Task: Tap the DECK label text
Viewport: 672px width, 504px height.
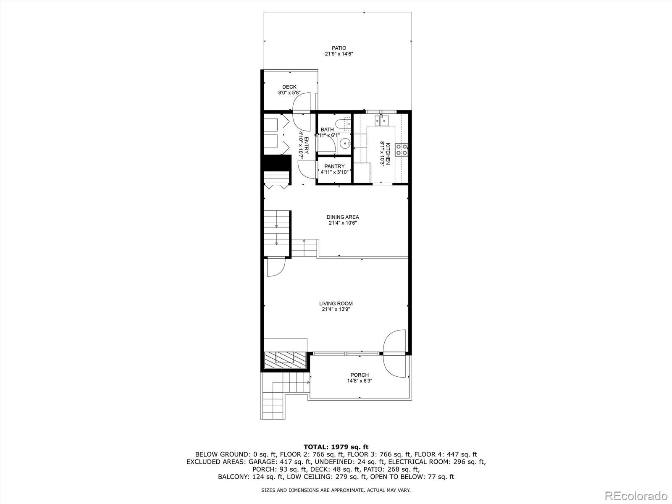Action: [x=289, y=87]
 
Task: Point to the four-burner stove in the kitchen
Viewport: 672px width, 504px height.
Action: [x=401, y=150]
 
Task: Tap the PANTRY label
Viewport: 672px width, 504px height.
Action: [x=334, y=166]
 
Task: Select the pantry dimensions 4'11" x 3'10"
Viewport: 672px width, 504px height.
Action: [x=334, y=172]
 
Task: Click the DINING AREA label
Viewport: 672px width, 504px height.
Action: [x=343, y=217]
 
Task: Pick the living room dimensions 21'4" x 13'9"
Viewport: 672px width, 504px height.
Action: [x=336, y=310]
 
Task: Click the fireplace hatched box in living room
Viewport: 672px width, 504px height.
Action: [x=284, y=358]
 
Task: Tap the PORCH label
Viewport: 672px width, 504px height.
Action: [x=360, y=375]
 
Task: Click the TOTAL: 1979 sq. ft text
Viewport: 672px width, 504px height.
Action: [x=336, y=446]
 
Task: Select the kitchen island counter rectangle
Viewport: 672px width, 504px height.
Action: [x=380, y=145]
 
